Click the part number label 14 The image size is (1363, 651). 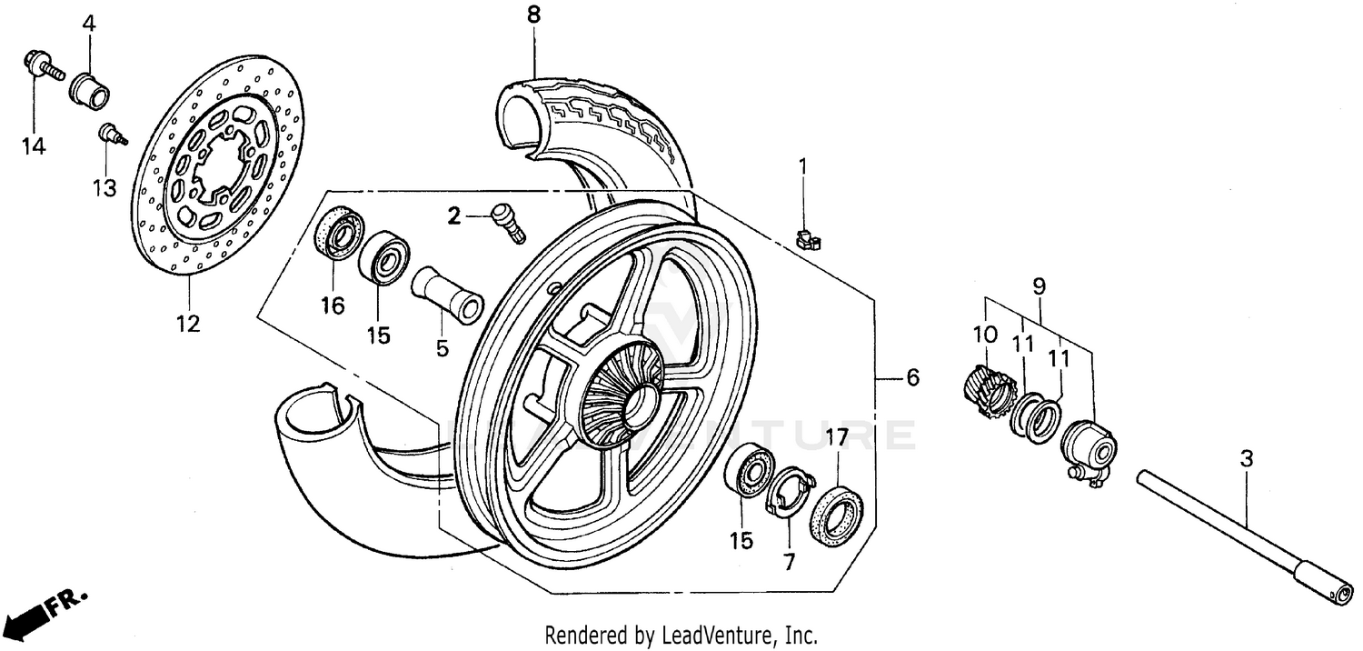tap(34, 145)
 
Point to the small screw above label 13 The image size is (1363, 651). tap(111, 134)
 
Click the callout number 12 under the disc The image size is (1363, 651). tap(188, 324)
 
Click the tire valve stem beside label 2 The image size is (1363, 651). tap(506, 222)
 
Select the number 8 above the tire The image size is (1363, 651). tap(533, 15)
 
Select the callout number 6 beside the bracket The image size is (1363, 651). tap(912, 377)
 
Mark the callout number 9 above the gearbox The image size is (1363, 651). tap(1039, 286)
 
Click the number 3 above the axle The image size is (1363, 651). tap(1246, 460)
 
